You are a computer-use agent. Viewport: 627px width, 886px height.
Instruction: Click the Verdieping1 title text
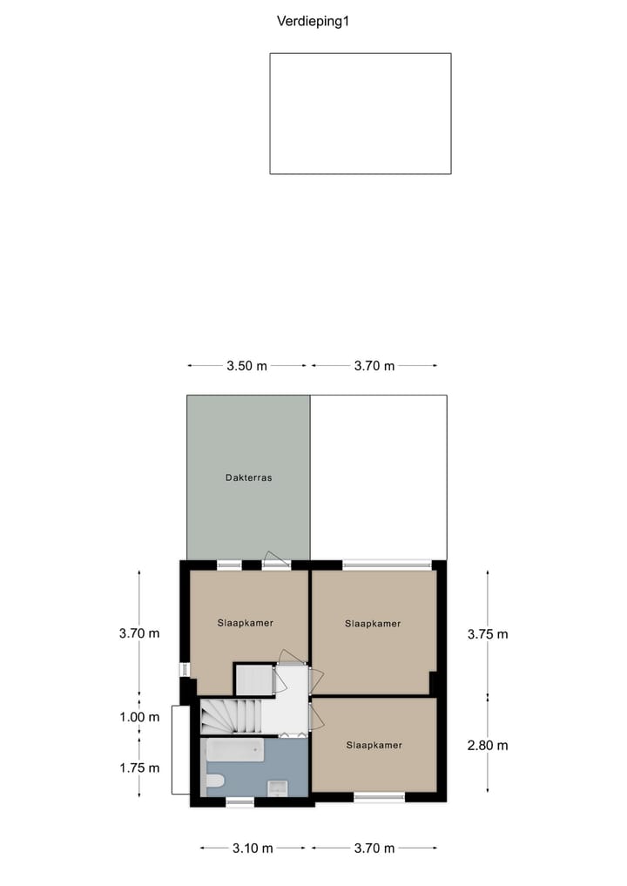[313, 22]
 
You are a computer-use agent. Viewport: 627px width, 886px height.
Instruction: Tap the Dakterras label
[248, 477]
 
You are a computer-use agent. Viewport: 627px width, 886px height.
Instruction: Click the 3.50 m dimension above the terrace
[246, 366]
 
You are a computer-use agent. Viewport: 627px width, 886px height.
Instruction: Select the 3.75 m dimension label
[487, 634]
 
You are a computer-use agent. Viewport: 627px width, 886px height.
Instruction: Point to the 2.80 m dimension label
[487, 745]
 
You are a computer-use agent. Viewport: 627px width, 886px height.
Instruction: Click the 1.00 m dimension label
[139, 717]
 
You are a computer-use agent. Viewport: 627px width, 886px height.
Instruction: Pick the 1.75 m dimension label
[139, 768]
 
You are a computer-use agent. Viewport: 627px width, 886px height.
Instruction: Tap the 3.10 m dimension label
[253, 848]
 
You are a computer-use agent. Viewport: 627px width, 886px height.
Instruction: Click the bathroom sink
[276, 788]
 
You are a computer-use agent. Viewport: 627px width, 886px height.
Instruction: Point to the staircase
[230, 717]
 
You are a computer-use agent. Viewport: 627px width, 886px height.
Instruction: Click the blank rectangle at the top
[360, 113]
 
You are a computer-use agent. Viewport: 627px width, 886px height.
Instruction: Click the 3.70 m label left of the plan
[139, 633]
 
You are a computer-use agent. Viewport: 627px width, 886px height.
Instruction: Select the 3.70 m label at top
[374, 366]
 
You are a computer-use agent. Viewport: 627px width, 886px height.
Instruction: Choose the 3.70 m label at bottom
[374, 848]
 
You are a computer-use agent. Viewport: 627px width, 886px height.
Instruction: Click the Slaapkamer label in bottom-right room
[374, 745]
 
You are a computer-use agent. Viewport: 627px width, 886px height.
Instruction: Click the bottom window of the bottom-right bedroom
[379, 796]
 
